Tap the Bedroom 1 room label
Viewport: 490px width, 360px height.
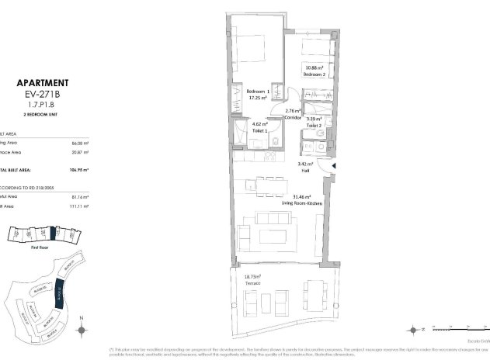[x=257, y=92]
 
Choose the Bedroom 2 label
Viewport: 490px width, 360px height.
[x=314, y=75]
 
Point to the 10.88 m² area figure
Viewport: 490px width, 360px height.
[x=314, y=67]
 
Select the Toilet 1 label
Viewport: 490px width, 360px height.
[x=259, y=130]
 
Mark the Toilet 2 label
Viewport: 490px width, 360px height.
[x=314, y=125]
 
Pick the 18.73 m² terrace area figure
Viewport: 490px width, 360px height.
[x=249, y=276]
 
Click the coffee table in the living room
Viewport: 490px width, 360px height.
[x=272, y=236]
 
